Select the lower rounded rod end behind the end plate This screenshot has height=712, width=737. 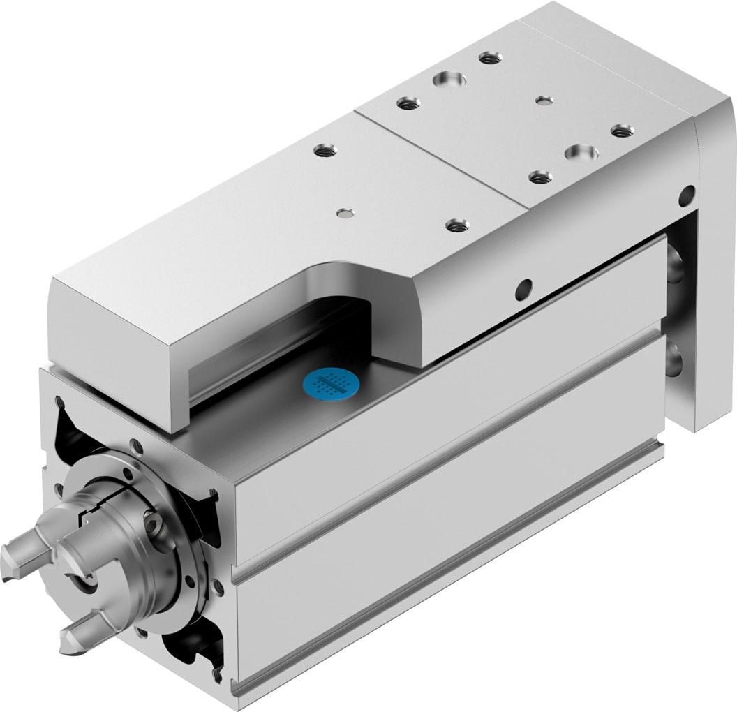pyautogui.click(x=676, y=359)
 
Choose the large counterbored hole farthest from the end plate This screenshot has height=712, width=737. pyautogui.click(x=447, y=79)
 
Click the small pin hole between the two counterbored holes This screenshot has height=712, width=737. pyautogui.click(x=544, y=101)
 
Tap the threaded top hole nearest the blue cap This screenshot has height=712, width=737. pyautogui.click(x=456, y=225)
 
